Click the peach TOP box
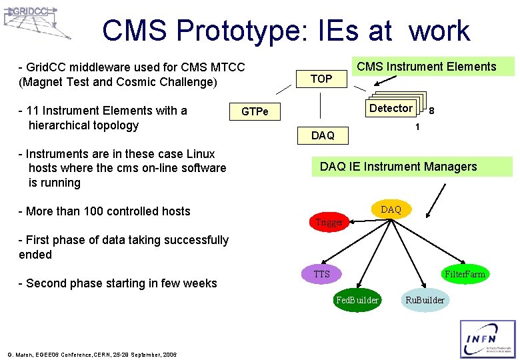click(x=321, y=79)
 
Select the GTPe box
click(x=255, y=111)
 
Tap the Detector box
click(x=391, y=108)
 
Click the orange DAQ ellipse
click(x=391, y=209)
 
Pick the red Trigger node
click(x=328, y=222)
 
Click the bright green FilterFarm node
click(x=465, y=274)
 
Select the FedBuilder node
click(x=357, y=300)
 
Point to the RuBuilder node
click(x=425, y=300)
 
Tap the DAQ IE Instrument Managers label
click(x=399, y=167)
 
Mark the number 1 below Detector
click(x=417, y=127)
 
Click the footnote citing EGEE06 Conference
click(x=92, y=354)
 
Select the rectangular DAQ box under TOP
click(x=323, y=135)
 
